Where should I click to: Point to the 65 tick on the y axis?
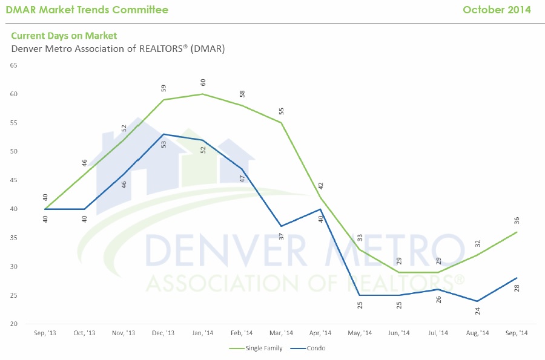13,65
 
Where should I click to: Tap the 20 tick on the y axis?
13,324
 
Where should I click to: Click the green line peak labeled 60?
202,94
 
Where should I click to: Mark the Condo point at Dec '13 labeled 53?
163,134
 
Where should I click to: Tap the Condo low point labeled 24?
478,301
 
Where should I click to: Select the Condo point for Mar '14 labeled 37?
281,226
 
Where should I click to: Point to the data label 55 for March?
281,111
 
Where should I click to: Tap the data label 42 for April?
321,186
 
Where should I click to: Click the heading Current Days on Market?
64,36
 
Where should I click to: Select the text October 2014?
497,10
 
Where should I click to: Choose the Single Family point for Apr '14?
320,197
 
